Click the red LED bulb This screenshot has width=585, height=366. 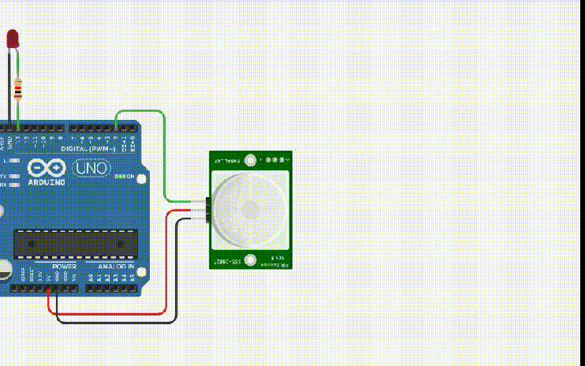click(x=13, y=38)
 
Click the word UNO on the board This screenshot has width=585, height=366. click(x=91, y=167)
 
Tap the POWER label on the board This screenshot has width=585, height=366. click(x=64, y=267)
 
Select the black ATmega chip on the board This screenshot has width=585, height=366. click(x=75, y=243)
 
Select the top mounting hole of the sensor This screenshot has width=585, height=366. click(x=251, y=160)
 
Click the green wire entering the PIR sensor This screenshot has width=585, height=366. click(x=165, y=158)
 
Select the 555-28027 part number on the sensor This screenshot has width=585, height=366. click(x=229, y=260)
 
